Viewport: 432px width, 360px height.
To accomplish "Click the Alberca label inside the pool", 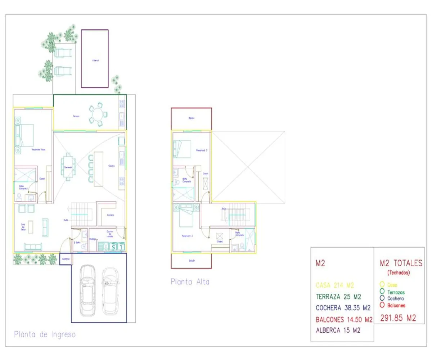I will point(95,60).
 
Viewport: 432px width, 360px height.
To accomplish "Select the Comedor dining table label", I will point(68,167).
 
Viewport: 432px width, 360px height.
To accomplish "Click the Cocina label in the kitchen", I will point(112,166).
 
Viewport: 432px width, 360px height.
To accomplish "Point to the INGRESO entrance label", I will point(65,259).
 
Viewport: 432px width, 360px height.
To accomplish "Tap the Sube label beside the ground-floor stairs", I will point(66,220).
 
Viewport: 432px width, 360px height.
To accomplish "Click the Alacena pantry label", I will point(111,215).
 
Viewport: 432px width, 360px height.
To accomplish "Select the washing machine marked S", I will point(114,247).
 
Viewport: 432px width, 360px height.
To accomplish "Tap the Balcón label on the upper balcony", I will point(191,118).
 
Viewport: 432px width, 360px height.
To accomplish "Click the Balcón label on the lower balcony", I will point(191,261).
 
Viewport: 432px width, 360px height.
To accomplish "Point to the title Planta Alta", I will point(190,282).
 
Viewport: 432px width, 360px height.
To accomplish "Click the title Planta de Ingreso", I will point(45,334).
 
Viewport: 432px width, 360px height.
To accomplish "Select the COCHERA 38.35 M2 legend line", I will point(343,308).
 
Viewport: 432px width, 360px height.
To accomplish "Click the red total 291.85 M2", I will point(398,318).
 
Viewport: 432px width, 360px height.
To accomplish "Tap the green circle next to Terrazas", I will point(382,291).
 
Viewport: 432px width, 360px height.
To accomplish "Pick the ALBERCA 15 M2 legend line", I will point(338,330).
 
